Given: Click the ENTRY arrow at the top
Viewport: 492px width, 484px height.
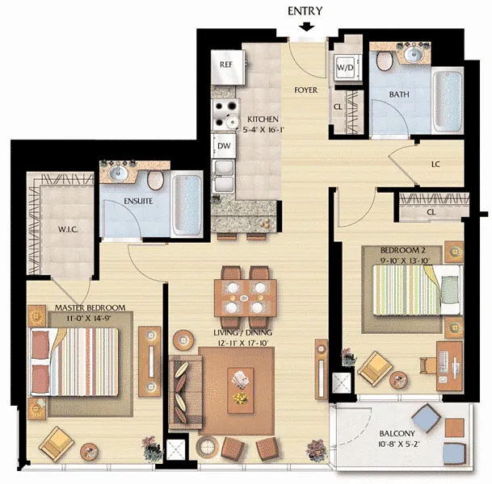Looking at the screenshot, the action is click(x=306, y=27).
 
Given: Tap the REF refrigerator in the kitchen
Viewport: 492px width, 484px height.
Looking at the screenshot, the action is click(x=228, y=67).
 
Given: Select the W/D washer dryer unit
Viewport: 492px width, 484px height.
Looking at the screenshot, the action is click(x=345, y=67).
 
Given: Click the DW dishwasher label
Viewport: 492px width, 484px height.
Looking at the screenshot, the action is click(x=224, y=146).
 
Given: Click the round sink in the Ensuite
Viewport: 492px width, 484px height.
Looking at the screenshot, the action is click(x=118, y=173).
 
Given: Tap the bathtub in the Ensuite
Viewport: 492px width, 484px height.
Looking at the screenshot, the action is click(x=187, y=205).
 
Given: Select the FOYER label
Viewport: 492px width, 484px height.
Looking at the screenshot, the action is click(x=306, y=90).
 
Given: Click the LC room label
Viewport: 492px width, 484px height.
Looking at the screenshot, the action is click(x=435, y=164).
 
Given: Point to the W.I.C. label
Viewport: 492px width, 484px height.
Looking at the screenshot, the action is click(x=68, y=230).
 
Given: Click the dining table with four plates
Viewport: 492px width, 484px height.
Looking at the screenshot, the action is click(x=245, y=298).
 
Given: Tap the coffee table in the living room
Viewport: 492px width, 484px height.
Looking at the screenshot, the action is click(x=241, y=390).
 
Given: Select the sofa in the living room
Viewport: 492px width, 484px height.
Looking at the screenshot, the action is click(x=186, y=392).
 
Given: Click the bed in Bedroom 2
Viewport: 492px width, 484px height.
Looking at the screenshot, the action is click(x=418, y=290).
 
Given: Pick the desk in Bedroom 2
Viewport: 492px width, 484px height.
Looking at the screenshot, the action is click(x=450, y=366).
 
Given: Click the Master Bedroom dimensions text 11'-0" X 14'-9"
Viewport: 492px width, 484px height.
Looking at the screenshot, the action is click(x=89, y=319).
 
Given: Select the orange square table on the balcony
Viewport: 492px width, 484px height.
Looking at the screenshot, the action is click(x=455, y=428).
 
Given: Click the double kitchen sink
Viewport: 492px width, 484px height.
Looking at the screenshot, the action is click(x=224, y=176).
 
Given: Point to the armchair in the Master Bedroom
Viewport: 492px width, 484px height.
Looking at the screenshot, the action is click(x=57, y=444).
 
